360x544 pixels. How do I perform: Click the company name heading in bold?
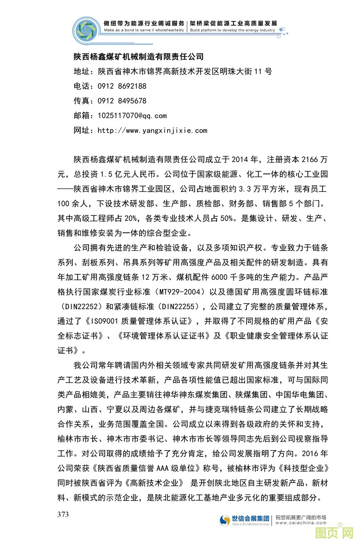[x=138, y=57]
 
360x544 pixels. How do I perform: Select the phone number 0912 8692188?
[x=122, y=86]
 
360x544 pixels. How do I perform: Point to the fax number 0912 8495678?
[x=122, y=101]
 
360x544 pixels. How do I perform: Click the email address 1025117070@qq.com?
[x=132, y=115]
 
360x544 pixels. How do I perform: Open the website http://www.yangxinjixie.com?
[x=152, y=130]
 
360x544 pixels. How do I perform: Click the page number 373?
[x=63, y=514]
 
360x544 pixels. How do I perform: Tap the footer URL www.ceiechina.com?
[x=301, y=523]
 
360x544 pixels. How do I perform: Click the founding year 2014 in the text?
[x=240, y=160]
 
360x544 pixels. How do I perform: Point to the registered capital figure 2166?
[x=309, y=160]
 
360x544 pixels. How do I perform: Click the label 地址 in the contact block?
[x=82, y=71]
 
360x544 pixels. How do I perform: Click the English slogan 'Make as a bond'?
[x=144, y=30]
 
